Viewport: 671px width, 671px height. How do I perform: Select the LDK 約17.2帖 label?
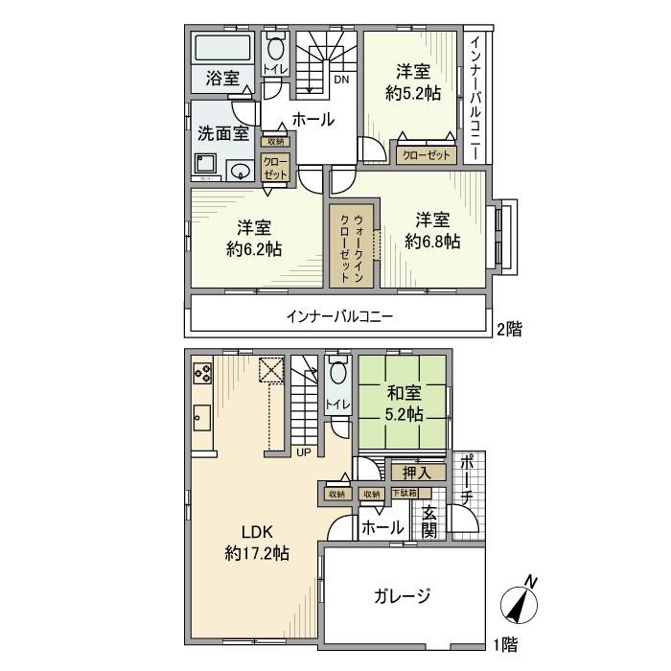pos(257,542)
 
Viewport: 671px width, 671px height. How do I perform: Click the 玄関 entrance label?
pos(428,521)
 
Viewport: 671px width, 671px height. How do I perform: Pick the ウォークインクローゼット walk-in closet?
pos(351,245)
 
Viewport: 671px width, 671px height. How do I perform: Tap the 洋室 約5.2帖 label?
pos(413,81)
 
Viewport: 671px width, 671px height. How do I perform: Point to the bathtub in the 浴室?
pos(222,48)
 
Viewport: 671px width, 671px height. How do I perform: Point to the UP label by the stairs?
pos(303,452)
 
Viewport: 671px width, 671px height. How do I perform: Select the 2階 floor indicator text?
pos(508,330)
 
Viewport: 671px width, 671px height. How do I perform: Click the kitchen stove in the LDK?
pos(201,371)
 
